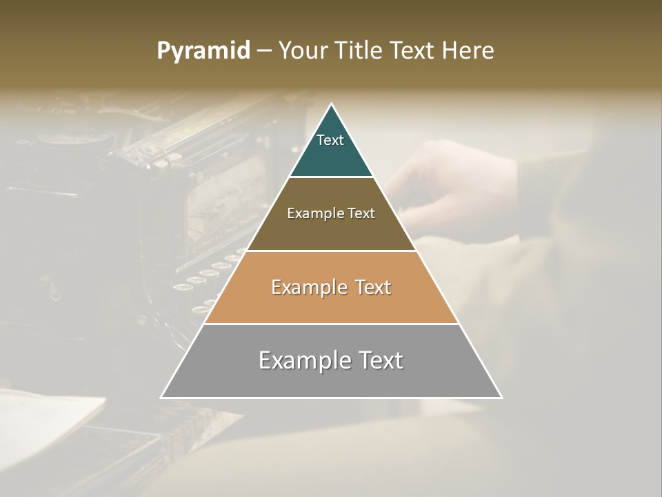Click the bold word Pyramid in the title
(x=203, y=51)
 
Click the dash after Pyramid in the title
(x=264, y=51)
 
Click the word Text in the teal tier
(x=330, y=140)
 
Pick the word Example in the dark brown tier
(x=312, y=214)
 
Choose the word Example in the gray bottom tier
(x=301, y=360)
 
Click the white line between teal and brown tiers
(x=331, y=177)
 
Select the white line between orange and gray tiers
(x=331, y=324)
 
